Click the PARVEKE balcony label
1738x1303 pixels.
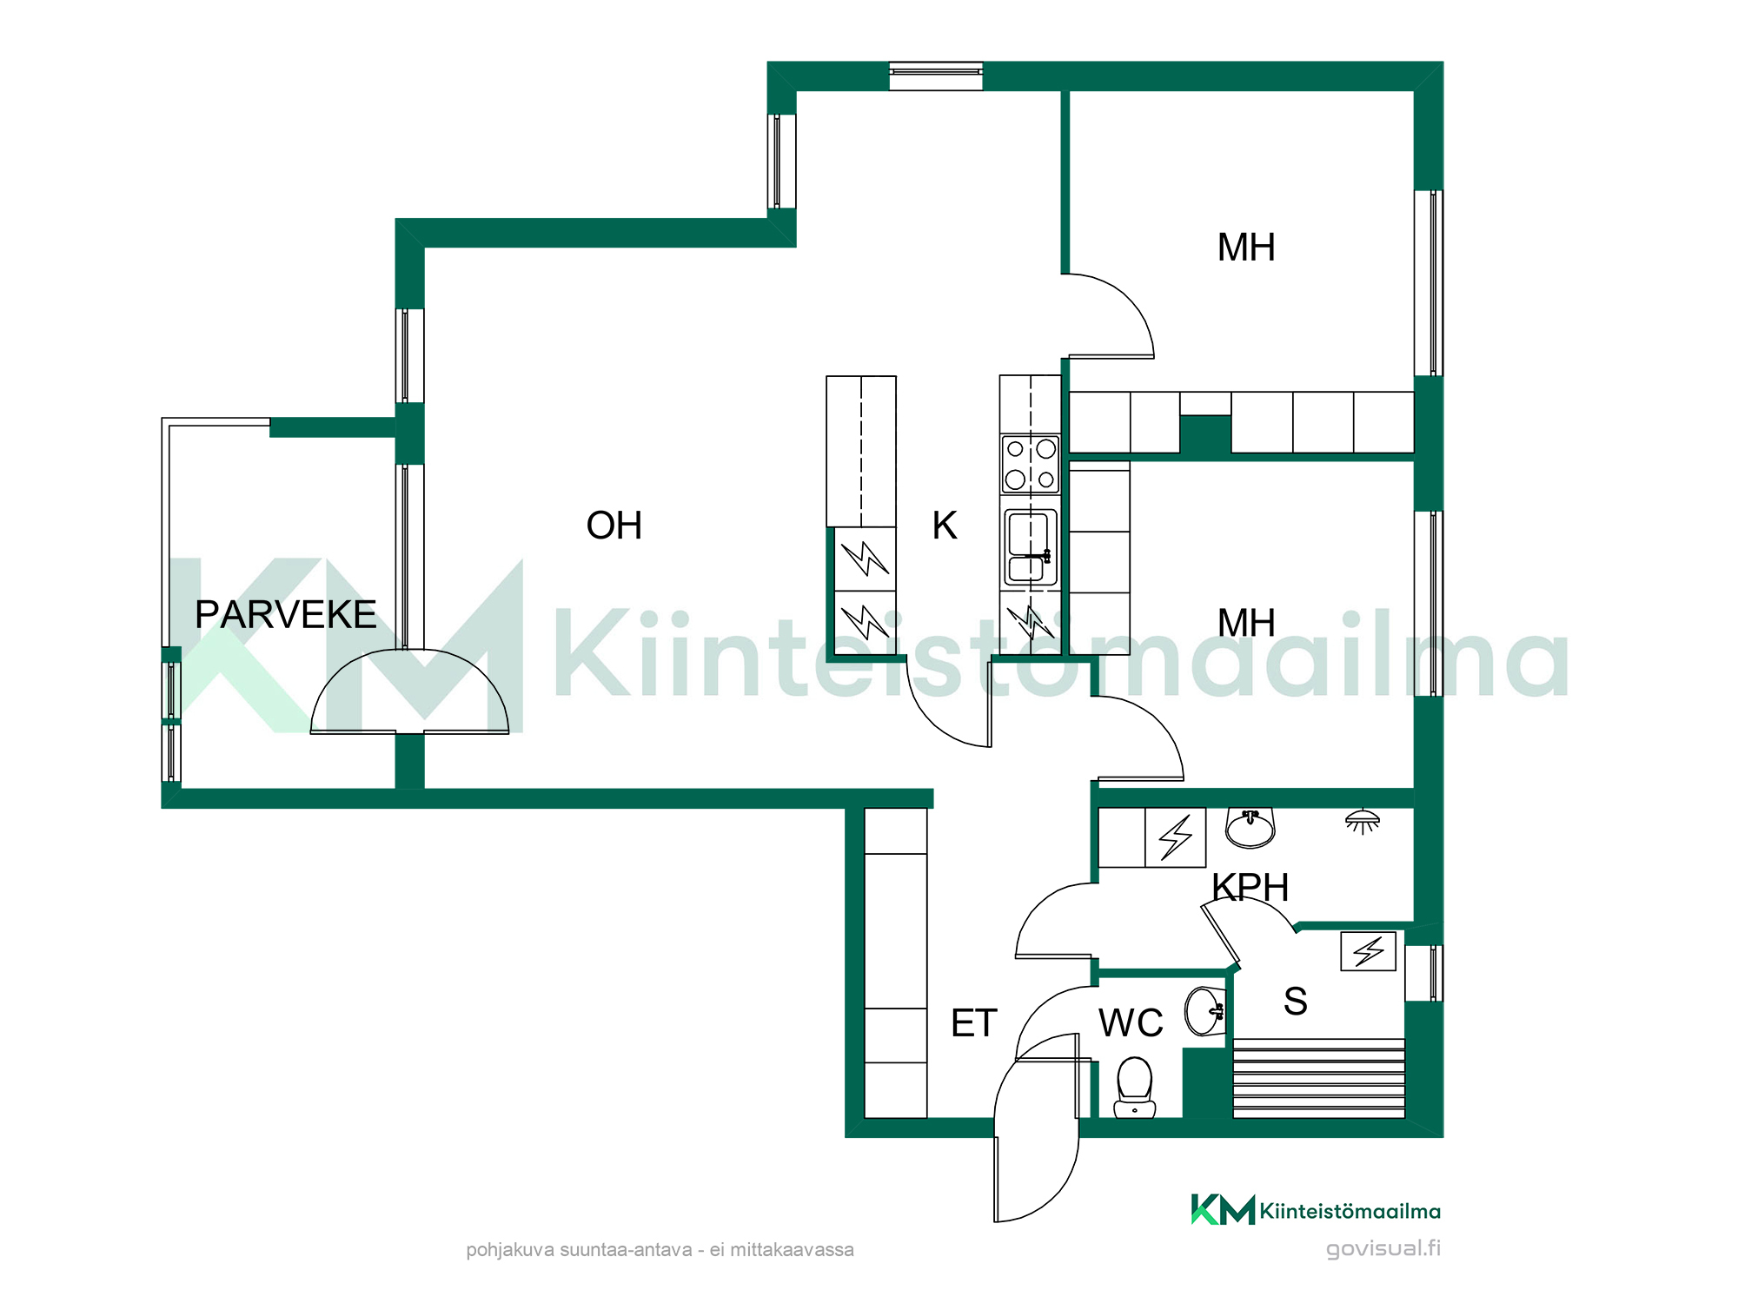tap(285, 614)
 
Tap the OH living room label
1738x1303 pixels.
tap(614, 526)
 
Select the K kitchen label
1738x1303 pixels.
tap(945, 526)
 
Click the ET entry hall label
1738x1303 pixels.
tap(974, 1023)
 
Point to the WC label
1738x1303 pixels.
tap(1131, 1023)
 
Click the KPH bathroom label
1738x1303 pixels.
tap(1250, 888)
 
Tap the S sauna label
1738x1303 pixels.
tap(1296, 1002)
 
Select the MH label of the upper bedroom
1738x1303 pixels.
tap(1246, 248)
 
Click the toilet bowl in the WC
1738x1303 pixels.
tap(1134, 1087)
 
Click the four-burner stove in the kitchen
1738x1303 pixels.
tap(1031, 465)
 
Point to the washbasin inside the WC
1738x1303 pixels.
tap(1206, 1011)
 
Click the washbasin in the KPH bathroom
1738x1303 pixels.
tap(1250, 827)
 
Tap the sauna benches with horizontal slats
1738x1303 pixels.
tap(1319, 1078)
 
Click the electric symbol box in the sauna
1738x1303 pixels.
tap(1369, 951)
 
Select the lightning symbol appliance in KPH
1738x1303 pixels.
tap(1176, 837)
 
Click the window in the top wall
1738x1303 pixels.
tap(936, 76)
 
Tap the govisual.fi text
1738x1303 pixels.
tap(1383, 1249)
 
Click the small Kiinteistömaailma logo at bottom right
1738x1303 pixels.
tap(1316, 1210)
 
